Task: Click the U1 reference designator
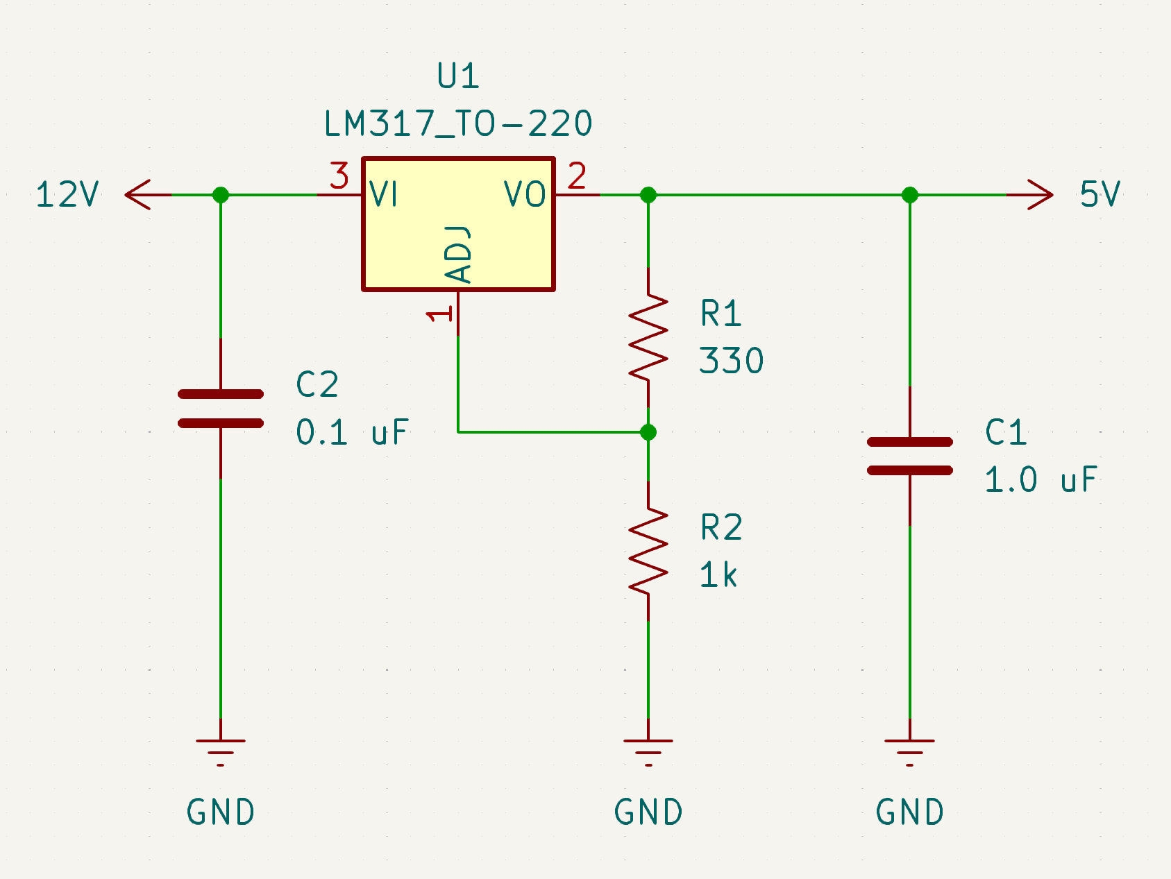(458, 76)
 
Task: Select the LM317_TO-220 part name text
(458, 124)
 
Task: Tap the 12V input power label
(67, 195)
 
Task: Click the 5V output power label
(1100, 195)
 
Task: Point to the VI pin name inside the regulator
(384, 194)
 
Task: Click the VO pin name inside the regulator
(525, 194)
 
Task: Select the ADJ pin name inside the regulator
(458, 254)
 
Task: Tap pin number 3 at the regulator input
(339, 176)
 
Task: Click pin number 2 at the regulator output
(577, 176)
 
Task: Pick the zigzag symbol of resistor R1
(648, 337)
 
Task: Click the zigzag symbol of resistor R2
(648, 551)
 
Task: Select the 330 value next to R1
(731, 361)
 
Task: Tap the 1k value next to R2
(718, 575)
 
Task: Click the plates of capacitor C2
(221, 409)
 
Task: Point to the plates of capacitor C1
(909, 456)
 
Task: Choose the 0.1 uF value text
(352, 433)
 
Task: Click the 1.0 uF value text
(1041, 480)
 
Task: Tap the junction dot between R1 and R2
(648, 432)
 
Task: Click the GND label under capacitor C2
(221, 812)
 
